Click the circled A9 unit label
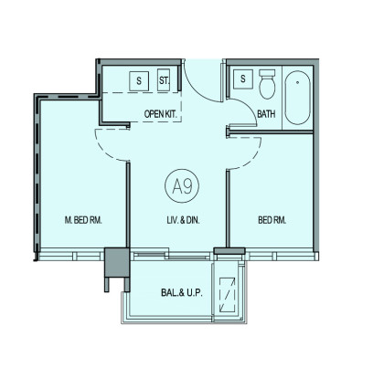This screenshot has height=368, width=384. [182, 185]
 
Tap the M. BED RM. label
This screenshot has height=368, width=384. [83, 220]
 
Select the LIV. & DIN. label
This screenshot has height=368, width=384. [183, 220]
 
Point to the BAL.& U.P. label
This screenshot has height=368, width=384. [182, 293]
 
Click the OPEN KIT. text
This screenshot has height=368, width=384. [161, 114]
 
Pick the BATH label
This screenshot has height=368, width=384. [266, 114]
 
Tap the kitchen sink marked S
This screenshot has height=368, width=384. [139, 81]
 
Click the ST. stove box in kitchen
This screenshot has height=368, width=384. [164, 80]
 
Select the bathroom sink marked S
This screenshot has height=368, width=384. [243, 79]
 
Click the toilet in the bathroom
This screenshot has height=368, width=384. [267, 84]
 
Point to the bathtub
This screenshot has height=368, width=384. [297, 98]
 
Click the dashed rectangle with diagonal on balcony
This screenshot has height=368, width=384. [228, 295]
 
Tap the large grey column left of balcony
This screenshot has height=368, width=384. [117, 263]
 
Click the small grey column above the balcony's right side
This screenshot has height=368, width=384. [229, 251]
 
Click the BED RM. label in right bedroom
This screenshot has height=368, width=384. [272, 220]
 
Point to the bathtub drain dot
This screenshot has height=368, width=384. [297, 82]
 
